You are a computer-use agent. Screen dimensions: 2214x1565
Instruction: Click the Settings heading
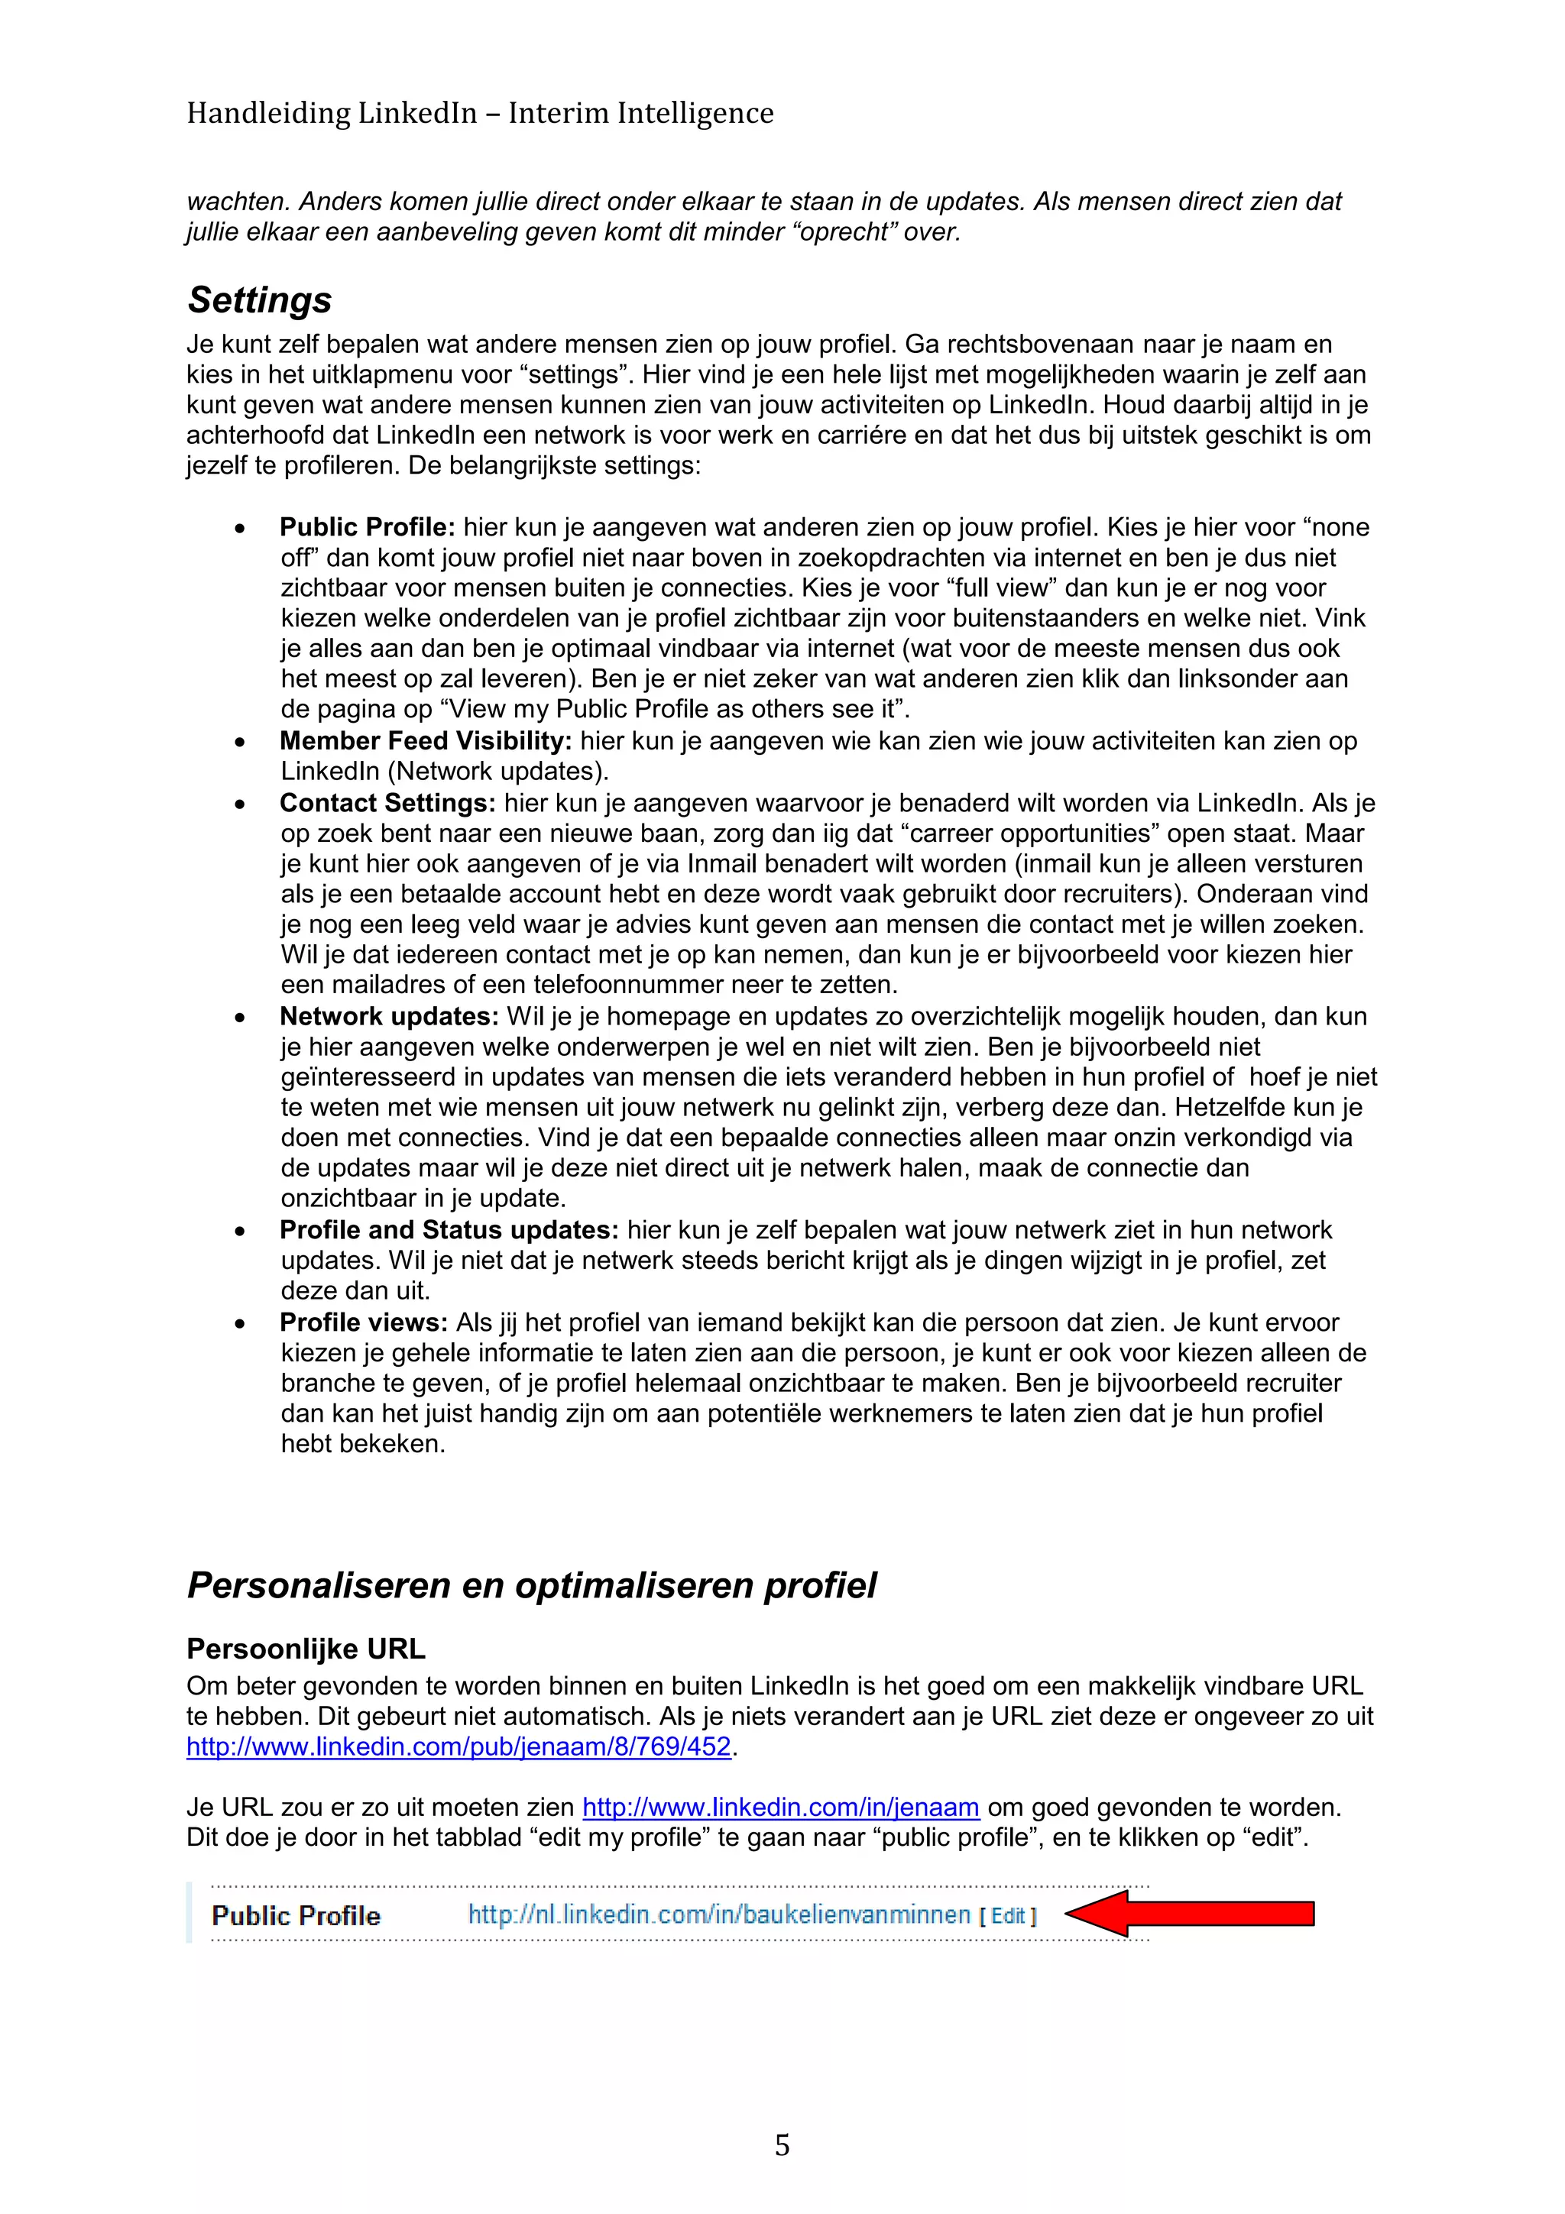pos(258,300)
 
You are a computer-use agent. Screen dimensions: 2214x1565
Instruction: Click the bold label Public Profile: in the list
pos(367,527)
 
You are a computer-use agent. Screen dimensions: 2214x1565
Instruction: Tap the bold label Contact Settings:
pos(387,802)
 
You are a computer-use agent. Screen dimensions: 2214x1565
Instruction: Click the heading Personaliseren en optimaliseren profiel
pos(531,1585)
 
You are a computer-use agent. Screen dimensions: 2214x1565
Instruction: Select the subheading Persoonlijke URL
pos(306,1649)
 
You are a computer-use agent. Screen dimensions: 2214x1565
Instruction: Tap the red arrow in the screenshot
pos(1190,1913)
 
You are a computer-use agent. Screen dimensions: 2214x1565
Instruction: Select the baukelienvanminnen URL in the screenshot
pos(718,1914)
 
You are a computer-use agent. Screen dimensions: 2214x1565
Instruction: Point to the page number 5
pos(782,2144)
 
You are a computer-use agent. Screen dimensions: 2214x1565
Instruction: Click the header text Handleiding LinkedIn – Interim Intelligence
pos(479,114)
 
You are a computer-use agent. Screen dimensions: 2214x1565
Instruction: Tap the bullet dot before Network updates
pos(239,1018)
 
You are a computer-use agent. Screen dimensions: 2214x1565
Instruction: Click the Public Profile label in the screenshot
pos(295,1915)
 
